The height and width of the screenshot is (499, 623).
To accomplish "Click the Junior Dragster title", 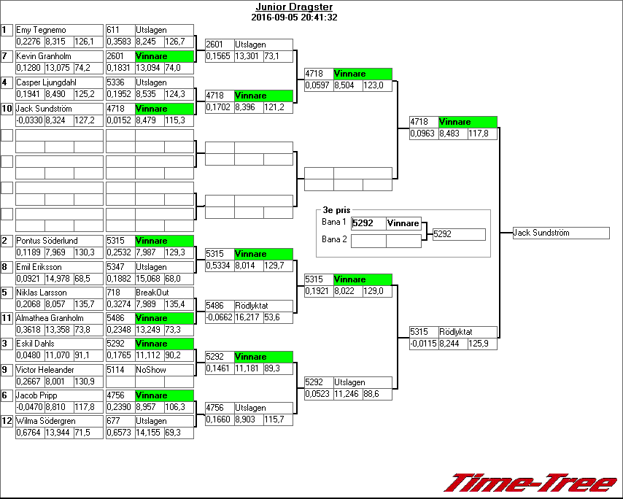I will pos(293,7).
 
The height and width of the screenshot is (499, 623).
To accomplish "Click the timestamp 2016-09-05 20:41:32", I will pos(293,18).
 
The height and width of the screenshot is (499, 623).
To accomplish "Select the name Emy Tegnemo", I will pos(41,30).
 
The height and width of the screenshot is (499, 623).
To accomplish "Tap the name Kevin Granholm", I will pos(44,56).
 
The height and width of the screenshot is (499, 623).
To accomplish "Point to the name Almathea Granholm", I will pos(48,318).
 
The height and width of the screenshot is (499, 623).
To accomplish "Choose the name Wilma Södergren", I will pos(45,421).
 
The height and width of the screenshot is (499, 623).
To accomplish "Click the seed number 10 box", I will pos(7,109).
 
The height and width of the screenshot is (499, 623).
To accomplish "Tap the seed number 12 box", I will pos(7,421).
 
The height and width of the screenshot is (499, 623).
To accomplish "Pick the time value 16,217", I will pos(248,318).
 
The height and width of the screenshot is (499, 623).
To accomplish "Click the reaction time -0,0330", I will pos(29,120).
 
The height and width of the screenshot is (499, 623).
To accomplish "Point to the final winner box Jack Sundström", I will pos(560,233).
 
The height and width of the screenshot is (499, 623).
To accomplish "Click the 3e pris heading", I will pos(336,210).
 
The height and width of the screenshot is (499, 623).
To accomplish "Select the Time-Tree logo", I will pos(530,482).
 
